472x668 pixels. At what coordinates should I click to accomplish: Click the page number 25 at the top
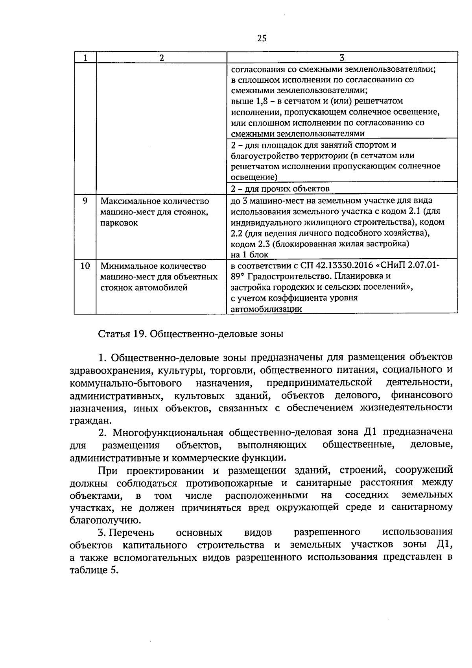pos(262,38)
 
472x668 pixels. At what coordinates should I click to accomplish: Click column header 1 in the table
pos(85,57)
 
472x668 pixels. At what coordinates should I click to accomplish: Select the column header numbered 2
pos(161,57)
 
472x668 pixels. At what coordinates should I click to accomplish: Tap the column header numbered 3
pos(342,57)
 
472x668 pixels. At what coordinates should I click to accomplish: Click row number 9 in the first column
pos(85,201)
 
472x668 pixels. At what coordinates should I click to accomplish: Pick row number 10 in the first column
pos(85,266)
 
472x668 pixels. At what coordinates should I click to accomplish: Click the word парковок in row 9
pos(119,223)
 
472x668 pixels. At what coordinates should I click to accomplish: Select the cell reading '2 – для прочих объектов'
pos(280,189)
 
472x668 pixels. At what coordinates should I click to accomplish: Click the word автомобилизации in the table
pos(266,309)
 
